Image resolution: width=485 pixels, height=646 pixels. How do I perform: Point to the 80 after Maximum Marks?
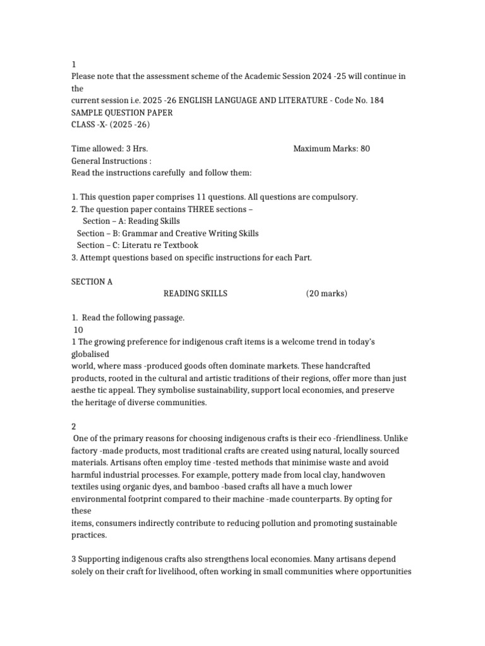point(365,149)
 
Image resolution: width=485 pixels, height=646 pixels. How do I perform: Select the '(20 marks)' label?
point(326,293)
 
